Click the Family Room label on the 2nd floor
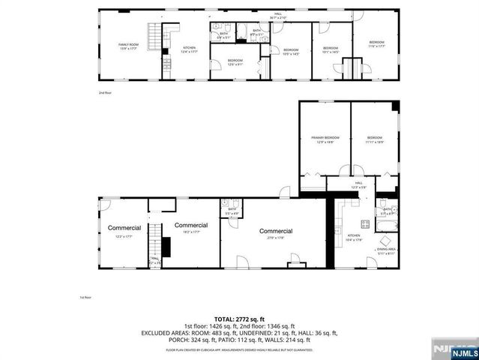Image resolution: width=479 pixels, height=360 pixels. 129,46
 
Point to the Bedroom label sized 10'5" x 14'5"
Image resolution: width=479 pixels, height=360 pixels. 290,51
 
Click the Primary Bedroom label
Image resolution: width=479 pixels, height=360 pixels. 325,139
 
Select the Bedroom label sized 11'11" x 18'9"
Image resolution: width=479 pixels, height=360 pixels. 375,139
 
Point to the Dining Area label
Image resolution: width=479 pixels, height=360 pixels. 387,250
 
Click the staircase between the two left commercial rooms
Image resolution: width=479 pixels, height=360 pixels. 154,240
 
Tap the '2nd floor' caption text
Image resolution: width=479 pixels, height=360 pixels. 104,93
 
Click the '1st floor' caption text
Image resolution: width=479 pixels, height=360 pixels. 85,297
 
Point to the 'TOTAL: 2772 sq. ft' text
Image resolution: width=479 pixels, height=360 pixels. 239,319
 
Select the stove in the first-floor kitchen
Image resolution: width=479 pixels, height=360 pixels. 365,223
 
